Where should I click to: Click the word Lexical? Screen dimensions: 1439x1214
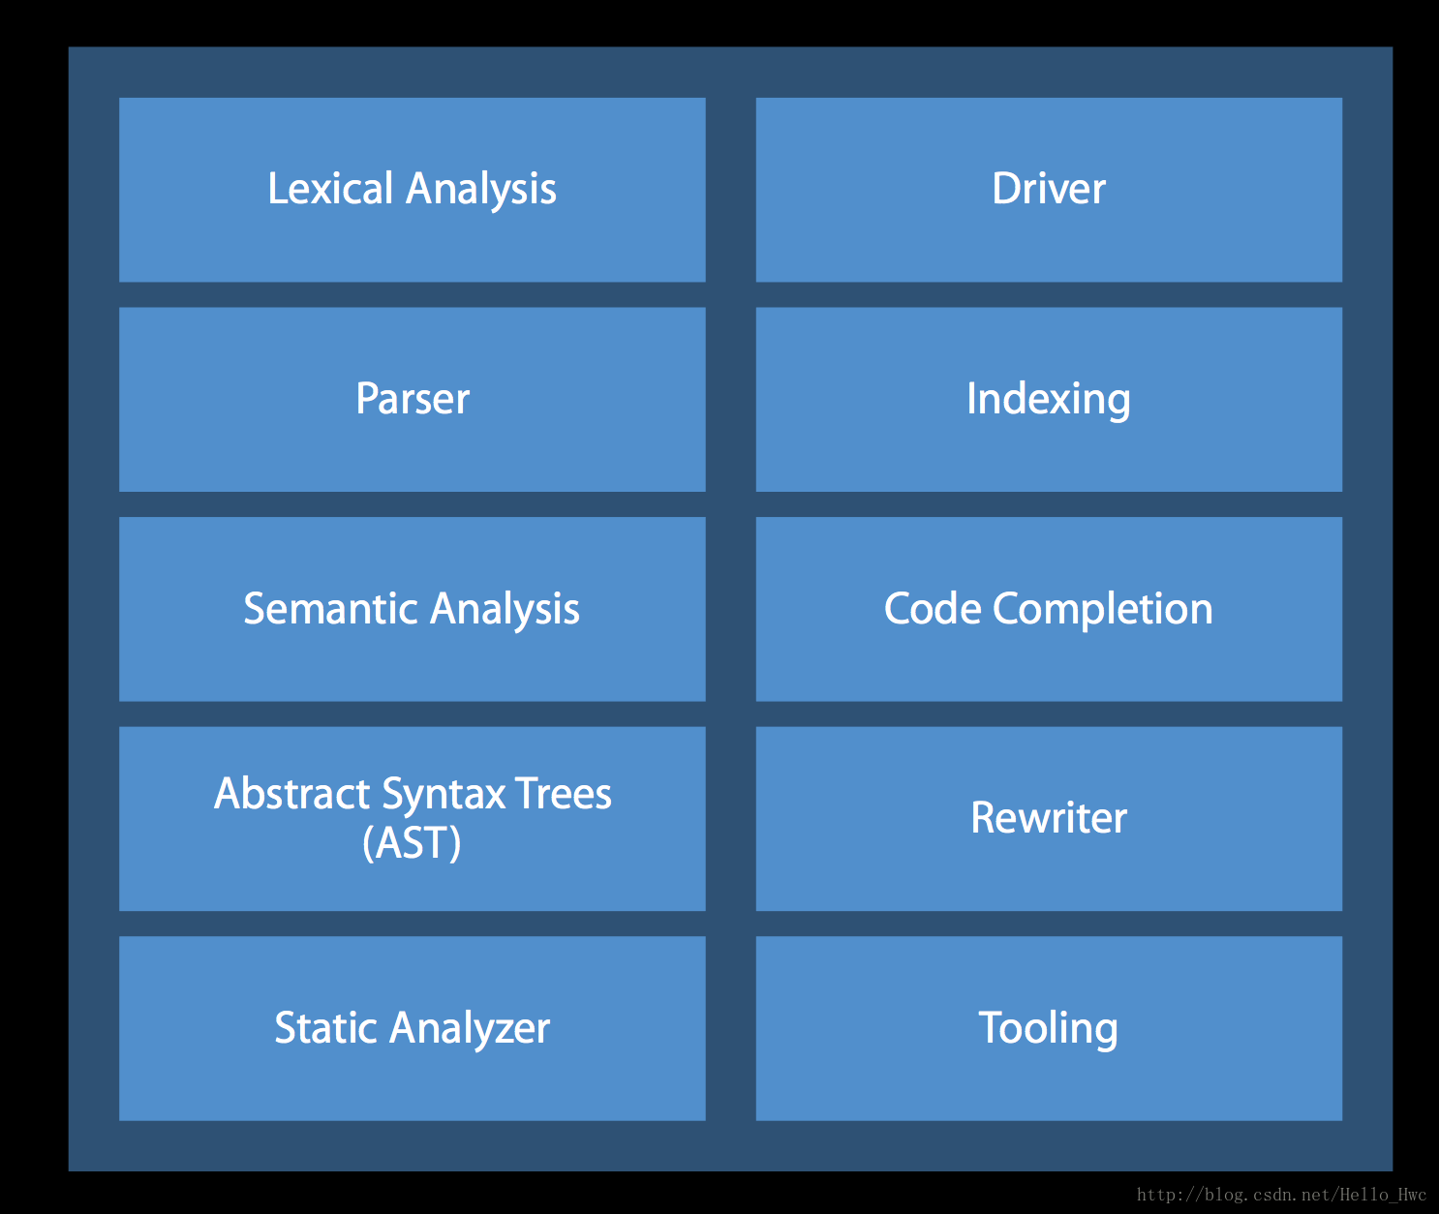pyautogui.click(x=330, y=188)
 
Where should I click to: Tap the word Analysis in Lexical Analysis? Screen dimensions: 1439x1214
pyautogui.click(x=480, y=191)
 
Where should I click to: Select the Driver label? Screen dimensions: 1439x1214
pyautogui.click(x=1048, y=188)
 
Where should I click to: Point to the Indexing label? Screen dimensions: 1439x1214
pyautogui.click(x=1048, y=401)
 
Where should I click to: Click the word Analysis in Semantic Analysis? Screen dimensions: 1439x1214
pyautogui.click(x=505, y=611)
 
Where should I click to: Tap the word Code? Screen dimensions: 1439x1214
pyautogui.click(x=933, y=608)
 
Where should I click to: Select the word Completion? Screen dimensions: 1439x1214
pyautogui.click(x=1103, y=611)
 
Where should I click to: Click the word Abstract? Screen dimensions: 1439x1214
pyautogui.click(x=291, y=793)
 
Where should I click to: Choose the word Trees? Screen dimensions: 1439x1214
pyautogui.click(x=564, y=793)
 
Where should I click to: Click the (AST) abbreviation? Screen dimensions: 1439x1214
pyautogui.click(x=412, y=842)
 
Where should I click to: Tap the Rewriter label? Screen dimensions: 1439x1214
pyautogui.click(x=1048, y=818)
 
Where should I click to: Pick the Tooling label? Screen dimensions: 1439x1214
pyautogui.click(x=1048, y=1030)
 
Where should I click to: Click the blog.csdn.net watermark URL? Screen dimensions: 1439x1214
pyautogui.click(x=1281, y=1194)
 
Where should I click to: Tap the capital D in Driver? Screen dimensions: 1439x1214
pyautogui.click(x=1007, y=188)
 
